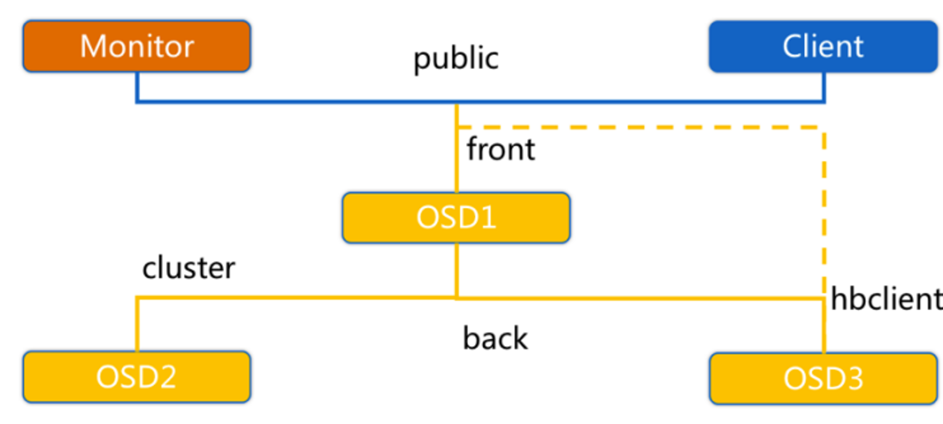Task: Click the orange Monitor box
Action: tap(137, 46)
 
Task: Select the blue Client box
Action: tap(823, 46)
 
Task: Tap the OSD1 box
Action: tap(456, 218)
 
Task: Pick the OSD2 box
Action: tap(137, 377)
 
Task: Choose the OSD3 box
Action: tap(823, 378)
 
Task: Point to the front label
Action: tap(501, 149)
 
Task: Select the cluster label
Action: tap(189, 268)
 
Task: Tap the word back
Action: tap(495, 338)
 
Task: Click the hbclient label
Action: tap(886, 299)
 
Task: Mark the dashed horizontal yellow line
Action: tap(640, 127)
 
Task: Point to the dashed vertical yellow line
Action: tap(824, 212)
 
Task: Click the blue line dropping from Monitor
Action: tap(137, 87)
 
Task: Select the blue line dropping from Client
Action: tap(824, 87)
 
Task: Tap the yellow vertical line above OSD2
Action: tap(137, 324)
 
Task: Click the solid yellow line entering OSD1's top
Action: tap(456, 148)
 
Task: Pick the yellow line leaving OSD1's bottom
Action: tap(456, 270)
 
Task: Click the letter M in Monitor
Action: tap(92, 46)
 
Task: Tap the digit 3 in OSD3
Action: tap(854, 379)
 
